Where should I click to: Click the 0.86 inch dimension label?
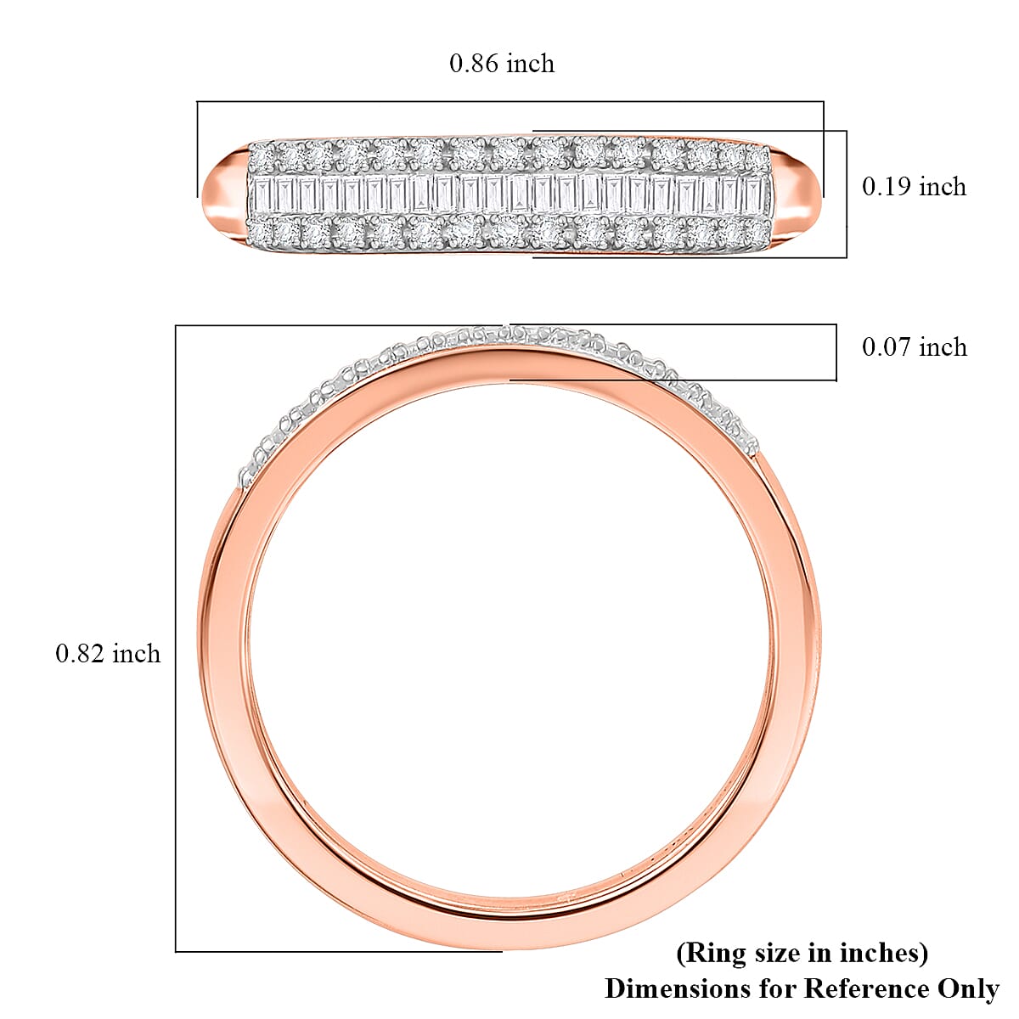[502, 64]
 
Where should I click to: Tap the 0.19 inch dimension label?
[914, 187]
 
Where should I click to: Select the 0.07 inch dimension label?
[914, 346]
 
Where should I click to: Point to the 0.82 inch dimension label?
[108, 653]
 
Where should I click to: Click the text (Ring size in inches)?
[802, 953]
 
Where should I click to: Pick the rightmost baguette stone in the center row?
[752, 194]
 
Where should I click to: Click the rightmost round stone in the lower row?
[754, 231]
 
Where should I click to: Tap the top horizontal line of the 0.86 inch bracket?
[509, 102]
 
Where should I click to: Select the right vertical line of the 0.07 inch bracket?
[836, 352]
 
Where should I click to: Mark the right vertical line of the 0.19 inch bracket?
[847, 194]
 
